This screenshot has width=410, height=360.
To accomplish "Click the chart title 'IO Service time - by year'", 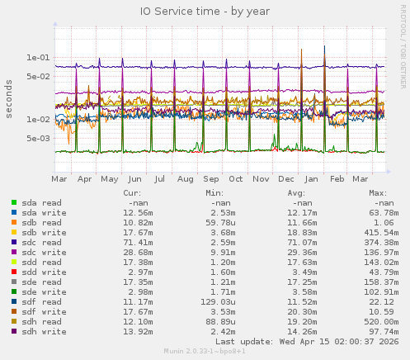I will tap(201, 11).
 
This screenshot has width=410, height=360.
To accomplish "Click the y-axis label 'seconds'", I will tap(9, 98).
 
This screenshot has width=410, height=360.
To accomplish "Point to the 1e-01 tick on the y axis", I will tap(39, 58).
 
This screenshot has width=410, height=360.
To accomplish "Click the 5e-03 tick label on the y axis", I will tap(39, 138).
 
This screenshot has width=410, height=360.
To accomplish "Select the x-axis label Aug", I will tap(185, 178).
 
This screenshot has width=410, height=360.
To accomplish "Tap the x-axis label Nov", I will tap(261, 178).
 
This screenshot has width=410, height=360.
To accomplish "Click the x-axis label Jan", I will tap(312, 178).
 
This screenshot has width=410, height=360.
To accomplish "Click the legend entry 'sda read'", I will tap(37, 202).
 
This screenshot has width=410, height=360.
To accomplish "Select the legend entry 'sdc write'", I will tap(40, 252).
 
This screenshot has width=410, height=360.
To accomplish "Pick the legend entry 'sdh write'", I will tap(40, 331).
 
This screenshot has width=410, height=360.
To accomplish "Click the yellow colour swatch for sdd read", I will tap(14, 262).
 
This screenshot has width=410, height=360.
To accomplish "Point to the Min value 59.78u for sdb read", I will tap(219, 222).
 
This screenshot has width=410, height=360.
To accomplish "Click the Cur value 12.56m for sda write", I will tap(137, 212).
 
